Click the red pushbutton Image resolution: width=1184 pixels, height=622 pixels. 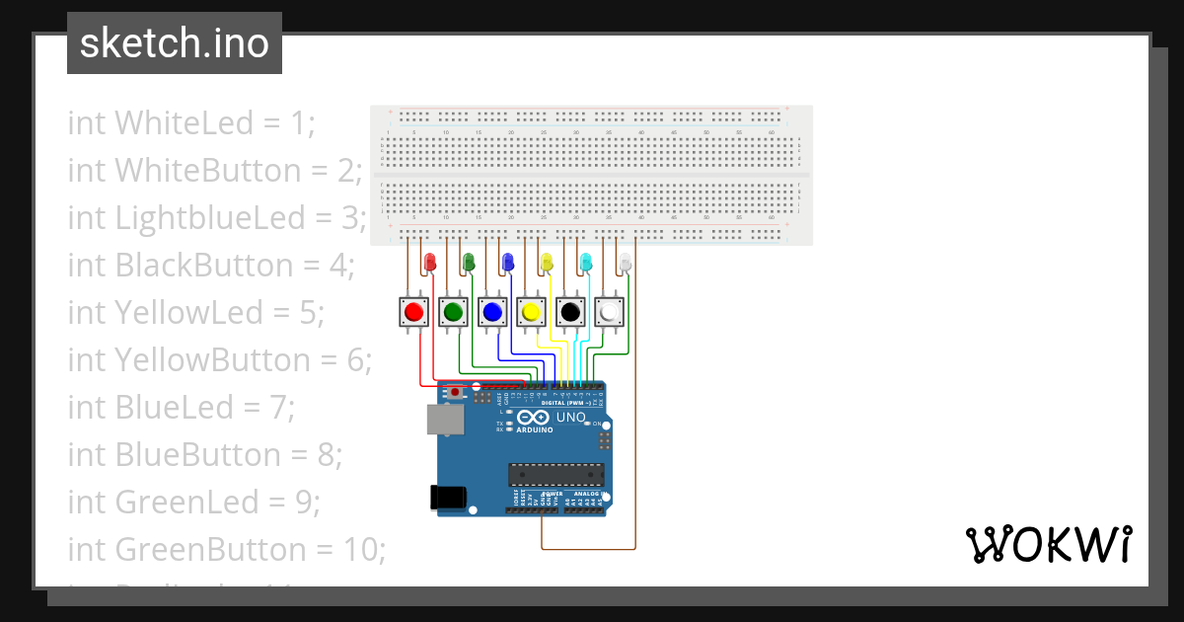(x=413, y=312)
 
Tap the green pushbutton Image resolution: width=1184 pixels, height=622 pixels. (x=453, y=312)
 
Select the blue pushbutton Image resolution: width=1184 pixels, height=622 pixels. (x=491, y=312)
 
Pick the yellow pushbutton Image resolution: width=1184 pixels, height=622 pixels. (x=531, y=312)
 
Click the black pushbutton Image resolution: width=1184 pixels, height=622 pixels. (x=569, y=312)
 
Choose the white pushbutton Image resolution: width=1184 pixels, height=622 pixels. (x=609, y=312)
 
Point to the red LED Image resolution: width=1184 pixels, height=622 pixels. (x=429, y=263)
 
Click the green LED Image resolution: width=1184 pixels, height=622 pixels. (x=469, y=262)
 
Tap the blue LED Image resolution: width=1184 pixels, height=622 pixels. (x=508, y=262)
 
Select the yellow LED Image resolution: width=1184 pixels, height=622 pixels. (x=547, y=262)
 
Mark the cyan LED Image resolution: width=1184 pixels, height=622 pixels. (x=585, y=262)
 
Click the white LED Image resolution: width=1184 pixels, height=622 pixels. (x=625, y=262)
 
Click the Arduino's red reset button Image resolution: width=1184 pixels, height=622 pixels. (x=455, y=393)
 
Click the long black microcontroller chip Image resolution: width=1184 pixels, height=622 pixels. (x=555, y=474)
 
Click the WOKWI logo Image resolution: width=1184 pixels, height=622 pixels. (x=1047, y=544)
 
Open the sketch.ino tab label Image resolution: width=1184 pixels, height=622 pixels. (x=175, y=43)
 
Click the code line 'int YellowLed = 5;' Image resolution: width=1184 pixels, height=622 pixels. (x=195, y=313)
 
